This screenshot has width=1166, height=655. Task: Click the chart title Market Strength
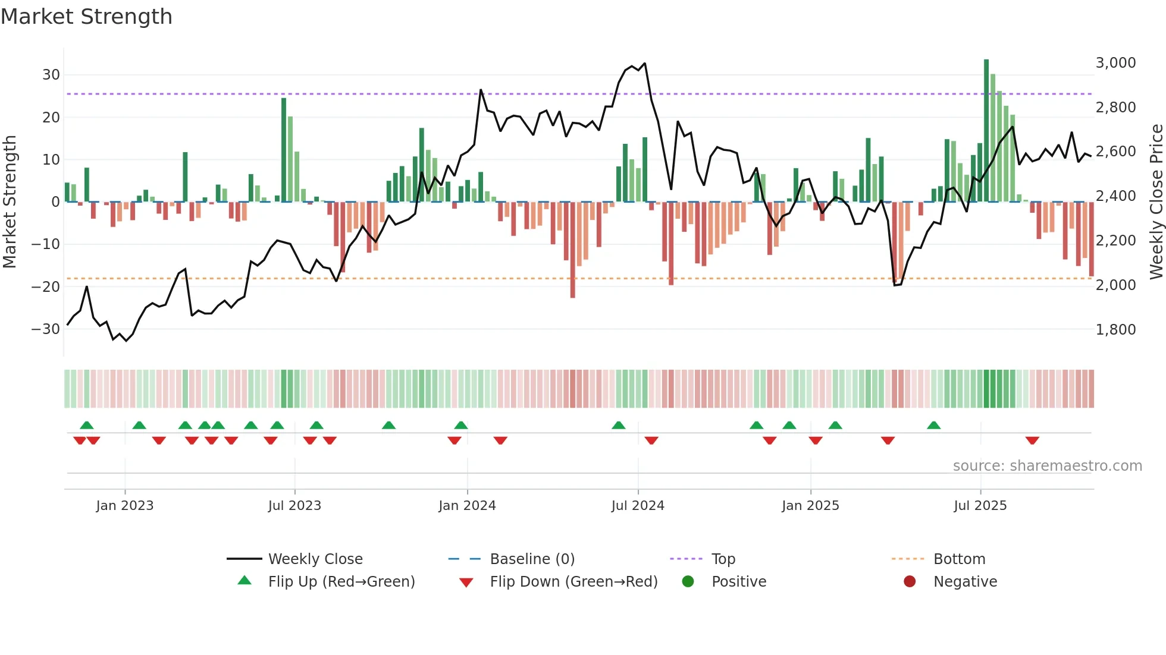point(86,17)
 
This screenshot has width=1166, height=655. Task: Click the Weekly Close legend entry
point(315,559)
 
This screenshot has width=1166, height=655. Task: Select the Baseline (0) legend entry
point(532,559)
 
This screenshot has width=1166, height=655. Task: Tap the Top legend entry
point(723,559)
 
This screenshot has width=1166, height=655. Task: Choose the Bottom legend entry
point(959,559)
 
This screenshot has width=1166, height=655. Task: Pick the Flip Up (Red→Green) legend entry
point(341,581)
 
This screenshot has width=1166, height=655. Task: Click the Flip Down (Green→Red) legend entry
point(573,581)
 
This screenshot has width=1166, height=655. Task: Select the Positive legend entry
point(738,581)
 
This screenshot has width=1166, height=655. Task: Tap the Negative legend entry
point(965,581)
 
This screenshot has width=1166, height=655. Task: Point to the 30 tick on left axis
point(51,75)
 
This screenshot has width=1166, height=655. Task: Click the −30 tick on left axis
point(46,329)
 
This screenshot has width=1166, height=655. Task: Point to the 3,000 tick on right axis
point(1115,63)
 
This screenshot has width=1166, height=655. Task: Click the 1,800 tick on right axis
point(1115,329)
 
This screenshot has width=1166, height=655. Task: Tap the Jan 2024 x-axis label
point(467,505)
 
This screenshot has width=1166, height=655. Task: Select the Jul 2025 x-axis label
point(980,505)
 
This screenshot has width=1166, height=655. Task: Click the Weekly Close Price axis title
point(1156,201)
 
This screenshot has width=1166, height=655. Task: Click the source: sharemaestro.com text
point(1047,465)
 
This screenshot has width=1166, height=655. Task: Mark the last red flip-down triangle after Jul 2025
point(1032,440)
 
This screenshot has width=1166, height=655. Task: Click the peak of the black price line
point(644,64)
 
